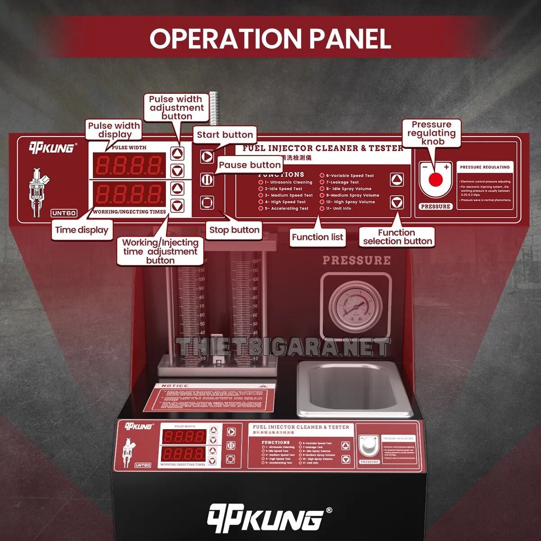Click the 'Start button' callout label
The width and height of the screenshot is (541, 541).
225,134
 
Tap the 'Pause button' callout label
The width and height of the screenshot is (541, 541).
250,165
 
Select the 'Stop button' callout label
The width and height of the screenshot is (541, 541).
234,230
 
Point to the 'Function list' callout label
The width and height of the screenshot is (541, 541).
317,237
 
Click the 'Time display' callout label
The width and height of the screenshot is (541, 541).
82,230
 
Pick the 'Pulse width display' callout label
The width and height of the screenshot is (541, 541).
114,130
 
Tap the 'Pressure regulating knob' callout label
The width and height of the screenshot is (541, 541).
431,133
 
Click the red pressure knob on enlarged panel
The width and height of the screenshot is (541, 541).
435,179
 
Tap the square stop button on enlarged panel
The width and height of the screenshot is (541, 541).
207,202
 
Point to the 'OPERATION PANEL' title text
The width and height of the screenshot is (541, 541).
270,38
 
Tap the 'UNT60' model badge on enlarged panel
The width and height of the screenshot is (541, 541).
64,213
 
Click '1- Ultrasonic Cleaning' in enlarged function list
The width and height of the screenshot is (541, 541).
288,182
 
